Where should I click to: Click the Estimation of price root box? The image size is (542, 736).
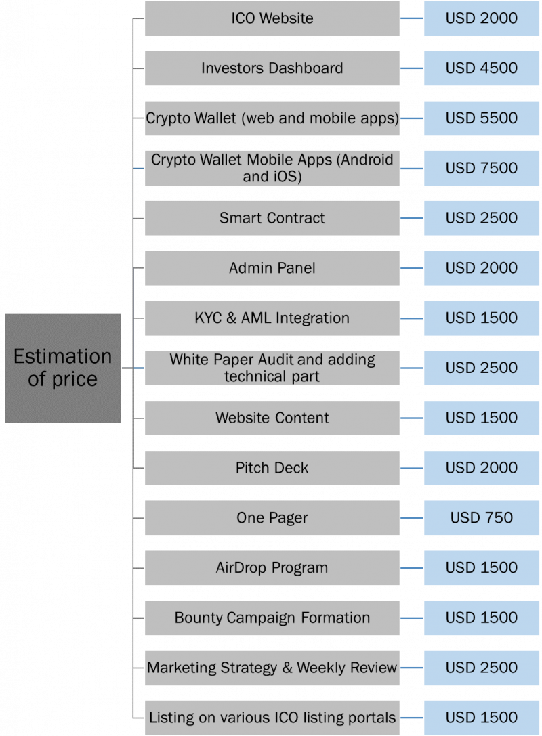point(63,368)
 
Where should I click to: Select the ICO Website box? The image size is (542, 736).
point(272,18)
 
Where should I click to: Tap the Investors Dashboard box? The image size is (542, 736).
point(272,68)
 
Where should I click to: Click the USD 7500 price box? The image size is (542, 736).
point(482,168)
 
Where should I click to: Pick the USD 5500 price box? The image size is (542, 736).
point(482,118)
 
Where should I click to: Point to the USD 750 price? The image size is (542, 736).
point(482,518)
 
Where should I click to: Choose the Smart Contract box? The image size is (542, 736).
point(272,218)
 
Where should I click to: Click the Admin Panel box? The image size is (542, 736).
point(272,268)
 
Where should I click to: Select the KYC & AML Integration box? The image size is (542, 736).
point(272,318)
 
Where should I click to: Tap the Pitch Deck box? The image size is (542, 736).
point(272,468)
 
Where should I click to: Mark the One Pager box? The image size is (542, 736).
point(272,518)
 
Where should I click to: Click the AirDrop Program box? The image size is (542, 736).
point(272,568)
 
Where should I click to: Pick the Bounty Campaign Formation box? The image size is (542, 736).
point(272,618)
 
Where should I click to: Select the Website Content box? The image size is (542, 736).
point(272,418)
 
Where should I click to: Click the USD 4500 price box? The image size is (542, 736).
point(482,68)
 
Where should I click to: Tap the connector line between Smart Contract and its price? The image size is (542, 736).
point(412,218)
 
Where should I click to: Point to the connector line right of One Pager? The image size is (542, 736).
point(412,518)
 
